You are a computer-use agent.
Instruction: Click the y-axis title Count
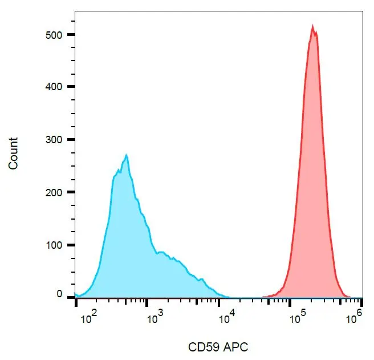coord(13,153)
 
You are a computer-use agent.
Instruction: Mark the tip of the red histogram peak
coord(312,25)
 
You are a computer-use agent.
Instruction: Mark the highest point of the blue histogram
coord(127,155)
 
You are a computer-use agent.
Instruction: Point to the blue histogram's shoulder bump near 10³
coord(162,252)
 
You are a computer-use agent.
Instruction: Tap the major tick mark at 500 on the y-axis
coord(73,34)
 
